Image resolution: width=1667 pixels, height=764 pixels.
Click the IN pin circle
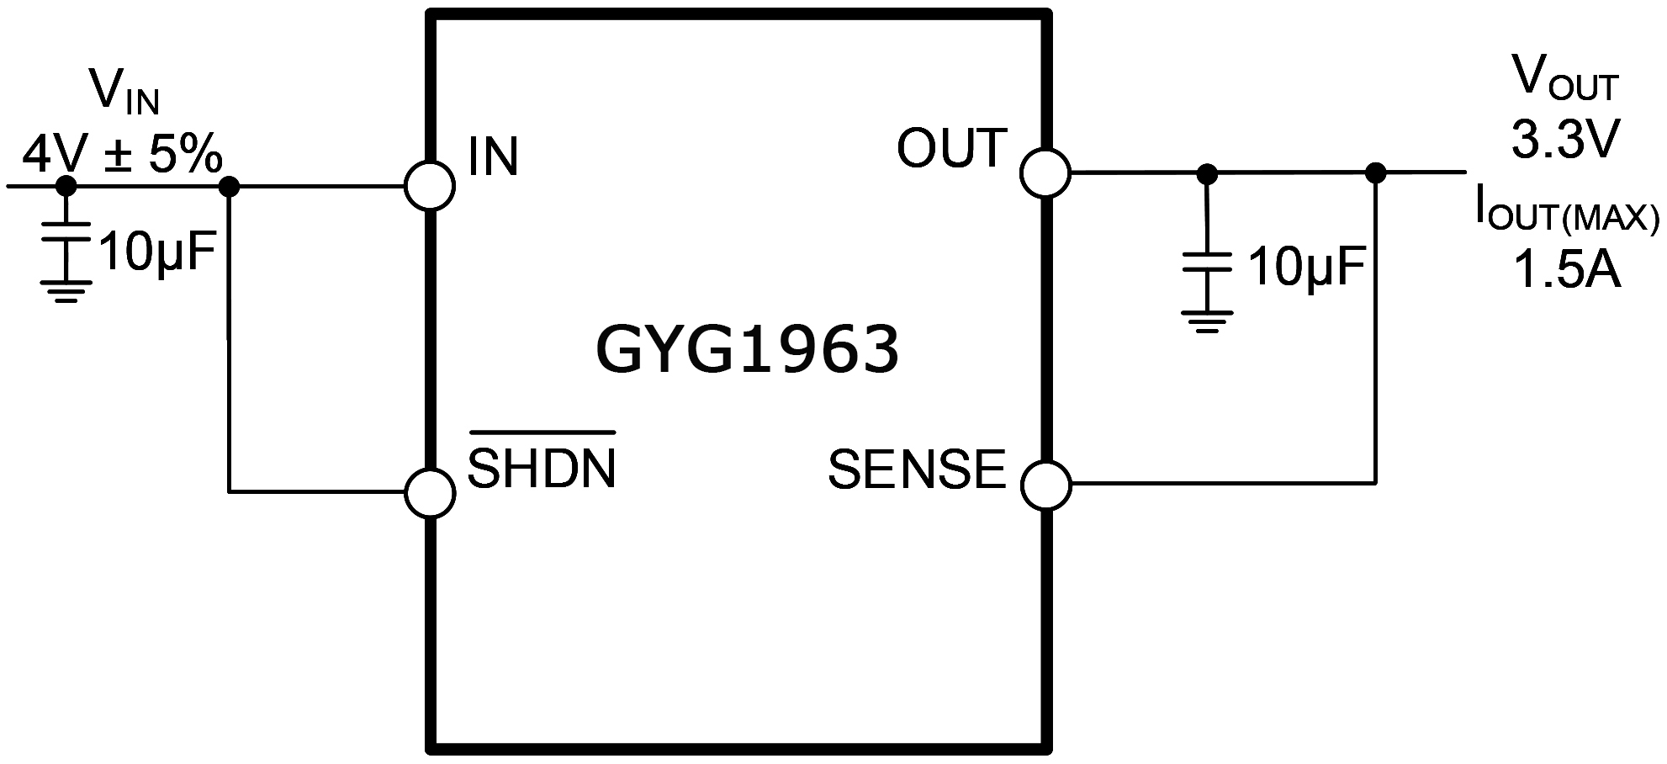[x=430, y=186]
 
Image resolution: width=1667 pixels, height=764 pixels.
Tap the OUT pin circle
[x=1045, y=173]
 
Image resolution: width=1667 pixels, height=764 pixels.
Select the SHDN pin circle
[x=430, y=492]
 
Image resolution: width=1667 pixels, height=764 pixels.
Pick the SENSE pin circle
[x=1046, y=485]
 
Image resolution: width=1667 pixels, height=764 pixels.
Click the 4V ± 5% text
[x=122, y=155]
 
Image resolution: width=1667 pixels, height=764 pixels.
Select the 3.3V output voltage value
[x=1564, y=140]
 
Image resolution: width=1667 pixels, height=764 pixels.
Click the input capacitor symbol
[x=66, y=231]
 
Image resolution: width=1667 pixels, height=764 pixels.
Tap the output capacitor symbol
[x=1207, y=262]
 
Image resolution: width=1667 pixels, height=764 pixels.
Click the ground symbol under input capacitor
[x=66, y=290]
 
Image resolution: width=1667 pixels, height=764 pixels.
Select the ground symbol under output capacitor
[x=1207, y=321]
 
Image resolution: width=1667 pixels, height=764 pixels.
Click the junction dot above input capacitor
[x=66, y=186]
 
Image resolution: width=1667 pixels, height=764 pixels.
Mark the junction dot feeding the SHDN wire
[x=229, y=186]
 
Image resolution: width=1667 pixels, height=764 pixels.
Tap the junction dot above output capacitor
[x=1207, y=173]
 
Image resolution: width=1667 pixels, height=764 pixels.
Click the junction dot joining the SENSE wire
[x=1376, y=173]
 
